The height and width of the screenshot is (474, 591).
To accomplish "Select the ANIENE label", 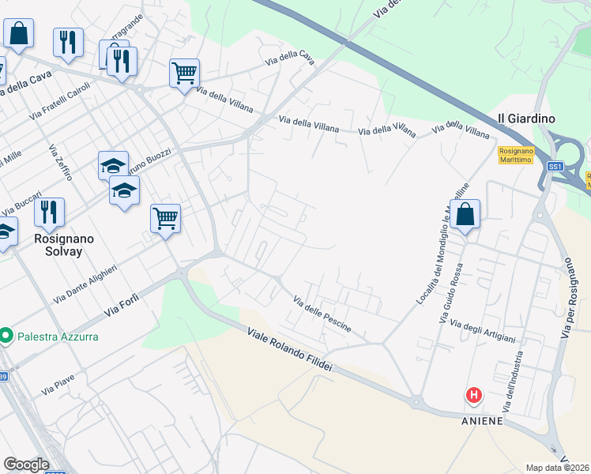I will (x=482, y=421).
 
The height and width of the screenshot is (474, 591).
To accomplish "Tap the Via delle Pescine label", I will (x=322, y=314).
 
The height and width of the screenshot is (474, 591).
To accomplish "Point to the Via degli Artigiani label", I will (x=482, y=332).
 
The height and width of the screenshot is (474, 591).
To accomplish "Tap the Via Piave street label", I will (x=58, y=385).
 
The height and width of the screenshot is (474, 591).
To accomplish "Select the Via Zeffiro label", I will (x=60, y=162).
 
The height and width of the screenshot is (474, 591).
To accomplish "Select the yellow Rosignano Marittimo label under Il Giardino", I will (x=517, y=155).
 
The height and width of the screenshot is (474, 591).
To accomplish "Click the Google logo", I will (x=26, y=465).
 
